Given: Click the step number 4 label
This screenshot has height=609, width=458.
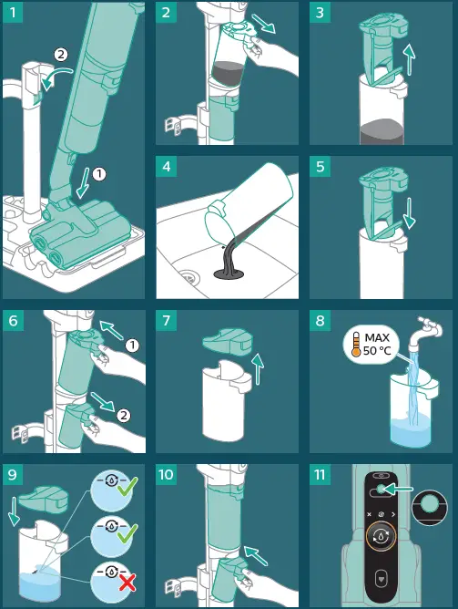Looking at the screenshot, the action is (166, 167).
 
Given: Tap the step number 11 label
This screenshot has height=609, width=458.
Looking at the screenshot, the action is (320, 475).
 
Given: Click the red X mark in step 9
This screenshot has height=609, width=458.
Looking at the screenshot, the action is (127, 583).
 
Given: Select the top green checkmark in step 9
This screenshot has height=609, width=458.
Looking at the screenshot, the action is (127, 487).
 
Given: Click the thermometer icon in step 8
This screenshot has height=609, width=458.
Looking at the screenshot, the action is (356, 344).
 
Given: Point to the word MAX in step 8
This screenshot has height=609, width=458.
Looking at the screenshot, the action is (377, 337).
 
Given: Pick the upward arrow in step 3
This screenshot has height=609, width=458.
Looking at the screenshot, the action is (409, 59).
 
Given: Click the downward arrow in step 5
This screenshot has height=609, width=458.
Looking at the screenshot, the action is (409, 213).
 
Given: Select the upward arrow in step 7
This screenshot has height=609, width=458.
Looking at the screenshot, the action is (257, 369).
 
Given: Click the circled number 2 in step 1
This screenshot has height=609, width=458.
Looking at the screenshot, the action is (61, 55).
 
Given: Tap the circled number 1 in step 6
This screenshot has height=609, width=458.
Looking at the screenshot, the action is (132, 345).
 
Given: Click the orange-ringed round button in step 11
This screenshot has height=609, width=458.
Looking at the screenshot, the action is (381, 536).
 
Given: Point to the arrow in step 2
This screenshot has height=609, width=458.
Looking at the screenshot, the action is (263, 24).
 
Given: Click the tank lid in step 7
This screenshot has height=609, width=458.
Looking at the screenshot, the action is (228, 342).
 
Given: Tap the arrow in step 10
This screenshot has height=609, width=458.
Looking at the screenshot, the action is (256, 555).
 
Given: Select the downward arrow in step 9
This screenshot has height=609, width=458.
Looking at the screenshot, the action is (14, 511).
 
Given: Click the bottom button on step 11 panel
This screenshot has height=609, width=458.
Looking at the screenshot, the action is (381, 579).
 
